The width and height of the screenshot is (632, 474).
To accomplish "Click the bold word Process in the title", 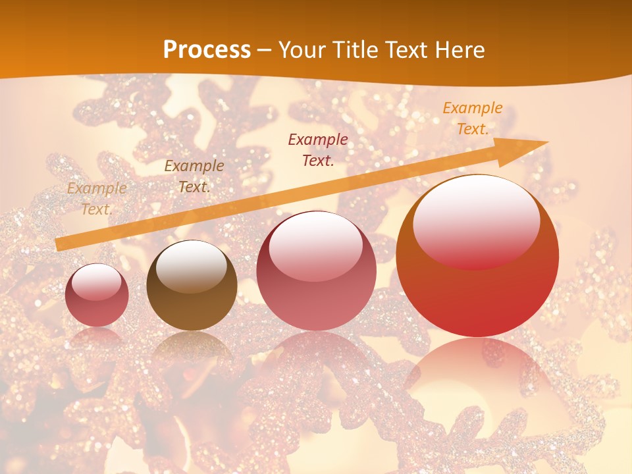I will click(x=207, y=50).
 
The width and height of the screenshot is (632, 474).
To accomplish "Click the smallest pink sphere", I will click(x=97, y=295).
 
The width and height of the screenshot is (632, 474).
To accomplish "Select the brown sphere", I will click(x=192, y=285).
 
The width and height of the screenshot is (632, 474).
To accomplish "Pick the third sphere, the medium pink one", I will click(x=316, y=271).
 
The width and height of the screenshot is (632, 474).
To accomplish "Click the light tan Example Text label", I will click(x=97, y=199).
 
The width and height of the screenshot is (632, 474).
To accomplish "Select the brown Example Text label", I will click(x=194, y=176).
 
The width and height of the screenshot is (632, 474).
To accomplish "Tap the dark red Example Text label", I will click(x=318, y=149).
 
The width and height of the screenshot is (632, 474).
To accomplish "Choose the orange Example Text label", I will click(x=473, y=118).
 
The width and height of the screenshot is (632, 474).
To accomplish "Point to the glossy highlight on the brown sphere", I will click(x=192, y=266).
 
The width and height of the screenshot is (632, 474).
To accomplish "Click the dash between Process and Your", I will click(x=265, y=50).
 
